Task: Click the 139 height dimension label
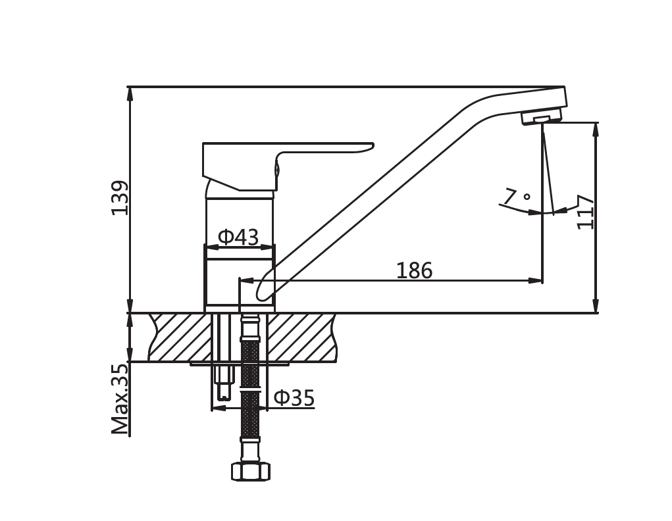[x=120, y=197]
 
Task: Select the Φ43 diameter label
[x=238, y=237]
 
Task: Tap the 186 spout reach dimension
[x=414, y=270]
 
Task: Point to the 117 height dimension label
[x=585, y=212]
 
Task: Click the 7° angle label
[x=517, y=197]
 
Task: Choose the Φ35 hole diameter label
[x=294, y=397]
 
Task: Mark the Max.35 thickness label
[x=120, y=399]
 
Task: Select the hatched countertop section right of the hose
[x=299, y=337]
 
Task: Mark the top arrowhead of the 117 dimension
[x=596, y=129]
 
